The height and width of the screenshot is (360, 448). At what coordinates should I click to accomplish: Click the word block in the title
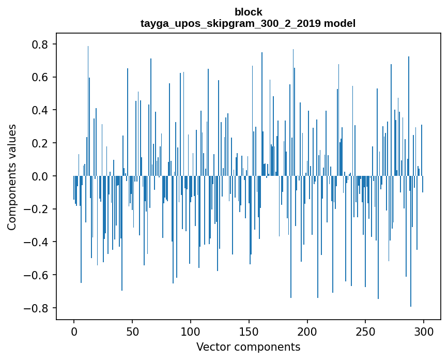coord(248,12)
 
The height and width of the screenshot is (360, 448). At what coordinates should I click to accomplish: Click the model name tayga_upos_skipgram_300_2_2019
coord(230,23)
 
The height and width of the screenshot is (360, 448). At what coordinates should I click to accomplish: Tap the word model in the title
coord(339,23)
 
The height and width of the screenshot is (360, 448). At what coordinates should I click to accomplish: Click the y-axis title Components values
coord(12,177)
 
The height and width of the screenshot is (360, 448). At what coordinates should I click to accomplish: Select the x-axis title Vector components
coord(248,347)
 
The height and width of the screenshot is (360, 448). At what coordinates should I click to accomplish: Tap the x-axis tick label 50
coord(132,332)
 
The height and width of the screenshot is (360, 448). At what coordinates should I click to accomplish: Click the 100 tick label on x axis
coord(191,332)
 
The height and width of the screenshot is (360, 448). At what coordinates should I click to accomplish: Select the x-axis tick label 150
coord(249,332)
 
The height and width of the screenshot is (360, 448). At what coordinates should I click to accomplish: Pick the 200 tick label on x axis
coord(307,332)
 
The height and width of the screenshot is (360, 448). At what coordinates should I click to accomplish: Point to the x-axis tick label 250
coord(365,332)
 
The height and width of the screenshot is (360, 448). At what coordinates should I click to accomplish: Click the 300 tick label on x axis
coord(423,332)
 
